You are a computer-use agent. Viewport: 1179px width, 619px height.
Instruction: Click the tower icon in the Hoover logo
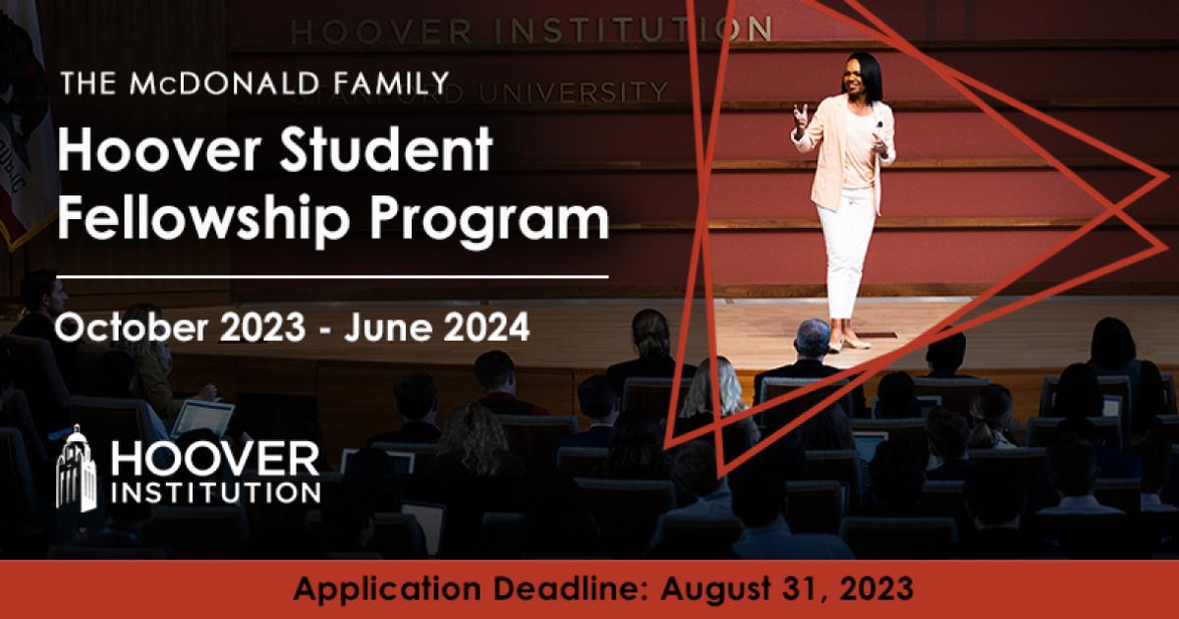(x=76, y=469)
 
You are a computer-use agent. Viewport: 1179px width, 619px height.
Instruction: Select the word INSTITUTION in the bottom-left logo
(x=217, y=489)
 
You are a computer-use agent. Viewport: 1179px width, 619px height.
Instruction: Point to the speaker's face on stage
(x=863, y=78)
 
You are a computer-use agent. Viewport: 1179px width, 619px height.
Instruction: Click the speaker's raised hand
(x=802, y=116)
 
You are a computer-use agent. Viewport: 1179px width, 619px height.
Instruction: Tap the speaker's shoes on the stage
(x=848, y=342)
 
